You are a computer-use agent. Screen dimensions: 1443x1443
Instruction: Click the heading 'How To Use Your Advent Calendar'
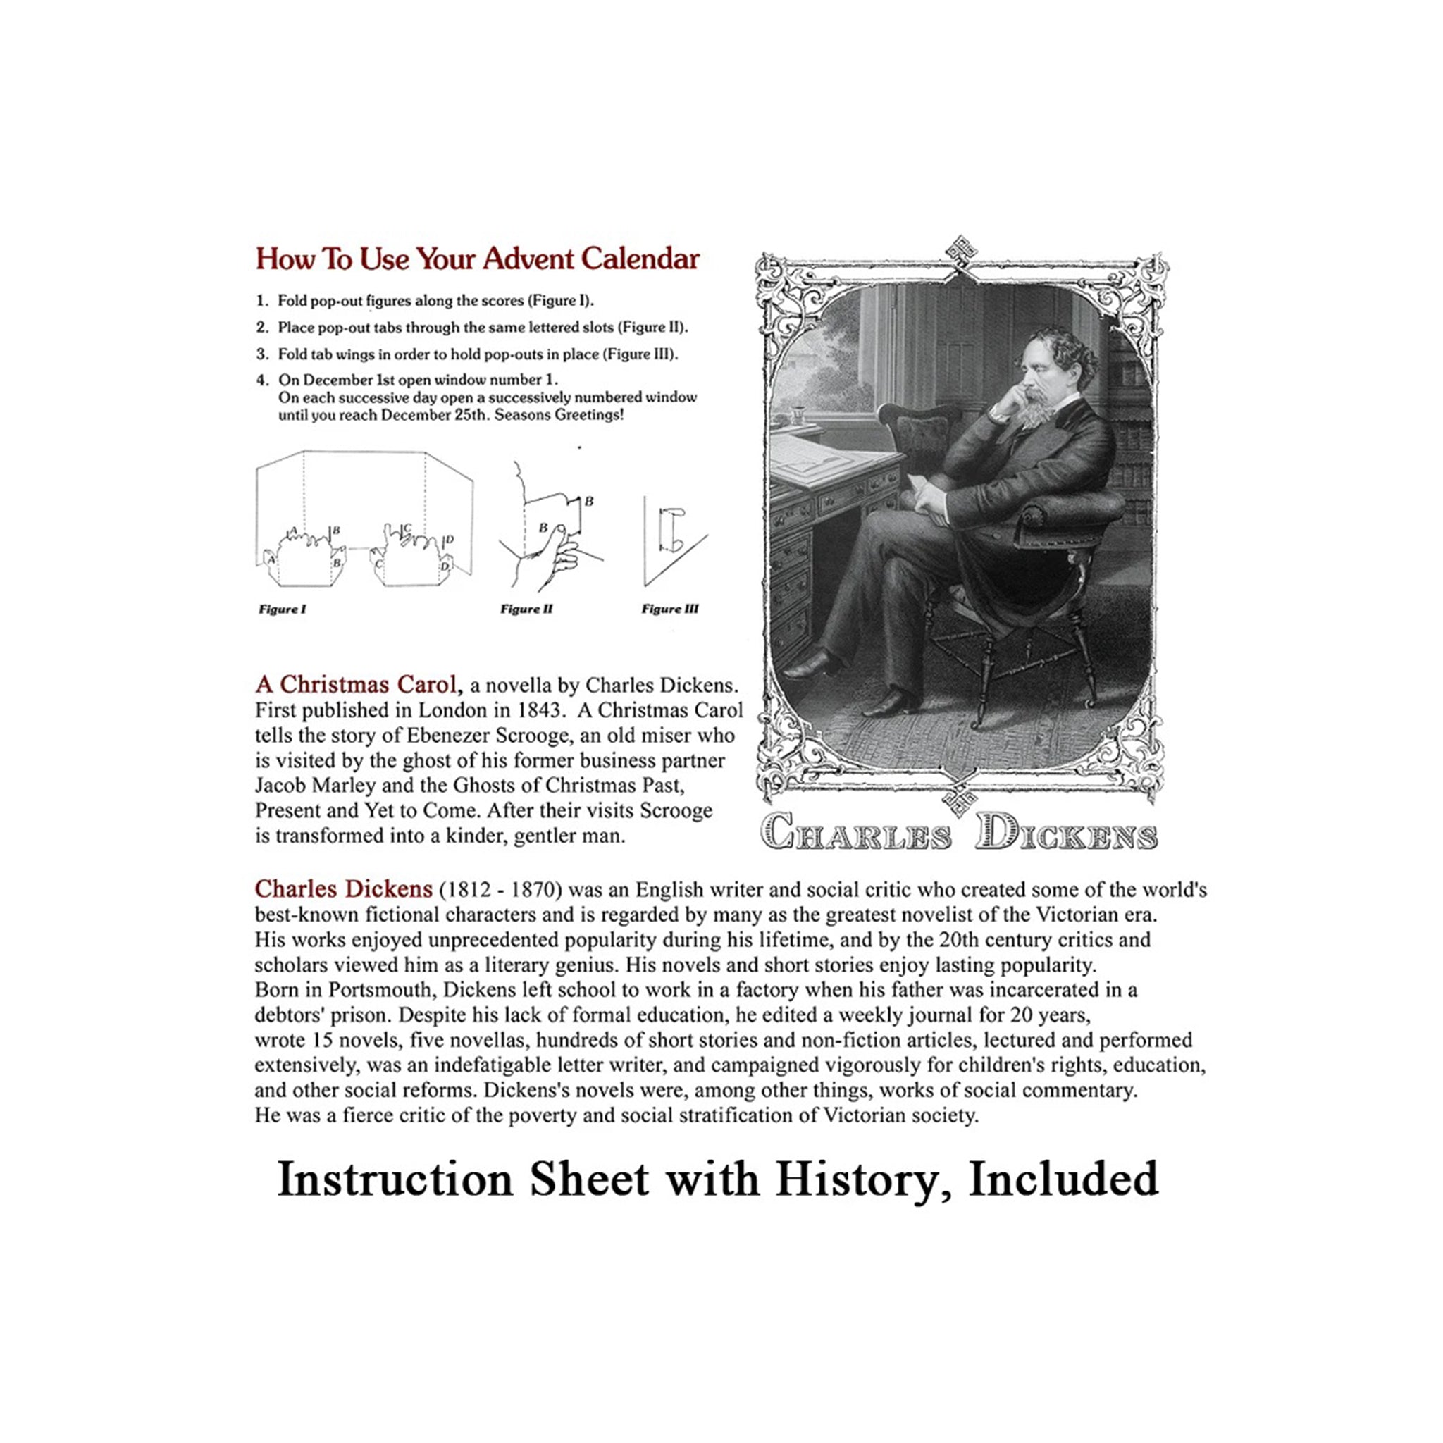[477, 259]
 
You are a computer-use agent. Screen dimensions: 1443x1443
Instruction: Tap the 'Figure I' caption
[283, 609]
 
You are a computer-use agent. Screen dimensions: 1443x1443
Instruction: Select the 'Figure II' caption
[526, 609]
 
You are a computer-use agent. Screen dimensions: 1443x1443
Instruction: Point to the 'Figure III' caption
[670, 609]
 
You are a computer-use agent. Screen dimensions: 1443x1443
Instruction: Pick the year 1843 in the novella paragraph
[540, 710]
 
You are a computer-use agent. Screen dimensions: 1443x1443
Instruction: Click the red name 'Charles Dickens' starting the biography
[343, 888]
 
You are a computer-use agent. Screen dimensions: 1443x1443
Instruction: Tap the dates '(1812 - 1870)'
[500, 890]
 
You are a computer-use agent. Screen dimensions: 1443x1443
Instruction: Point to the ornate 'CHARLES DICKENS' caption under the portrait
[959, 831]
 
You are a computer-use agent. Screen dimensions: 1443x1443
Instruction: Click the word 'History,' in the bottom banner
[866, 1180]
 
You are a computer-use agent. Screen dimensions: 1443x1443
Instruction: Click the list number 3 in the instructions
[261, 354]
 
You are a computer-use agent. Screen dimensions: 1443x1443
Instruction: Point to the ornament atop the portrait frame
[961, 252]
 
